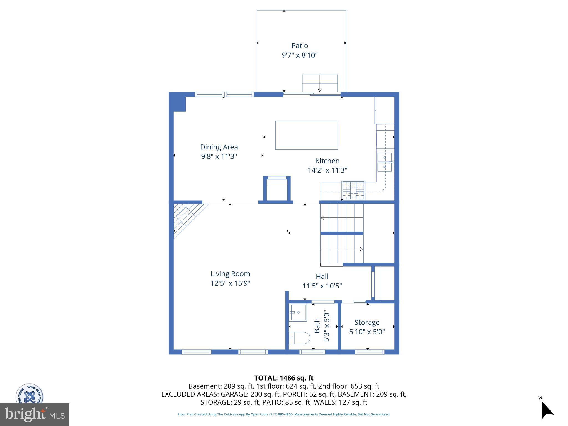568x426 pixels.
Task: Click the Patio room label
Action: tap(300, 45)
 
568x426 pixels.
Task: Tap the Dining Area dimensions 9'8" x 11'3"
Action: tap(219, 156)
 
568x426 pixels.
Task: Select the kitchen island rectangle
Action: tap(306, 135)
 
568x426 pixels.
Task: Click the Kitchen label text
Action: tap(327, 161)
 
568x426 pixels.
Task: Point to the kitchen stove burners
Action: tap(353, 190)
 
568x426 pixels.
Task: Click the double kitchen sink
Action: tap(385, 162)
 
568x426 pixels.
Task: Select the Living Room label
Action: tap(230, 274)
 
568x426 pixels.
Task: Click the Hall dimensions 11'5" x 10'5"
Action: tap(322, 286)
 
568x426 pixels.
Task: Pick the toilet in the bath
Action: tap(300, 338)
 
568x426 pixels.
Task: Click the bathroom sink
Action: tap(298, 313)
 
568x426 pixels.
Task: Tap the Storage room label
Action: tap(367, 323)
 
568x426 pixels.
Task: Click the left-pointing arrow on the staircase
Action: tap(322, 218)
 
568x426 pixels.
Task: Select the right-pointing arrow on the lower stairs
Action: tap(361, 249)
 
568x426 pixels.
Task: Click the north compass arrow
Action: tap(546, 410)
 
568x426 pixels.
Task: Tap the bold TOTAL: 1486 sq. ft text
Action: tap(284, 378)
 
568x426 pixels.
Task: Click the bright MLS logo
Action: tap(34, 414)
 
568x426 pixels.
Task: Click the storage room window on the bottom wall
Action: tap(370, 352)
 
